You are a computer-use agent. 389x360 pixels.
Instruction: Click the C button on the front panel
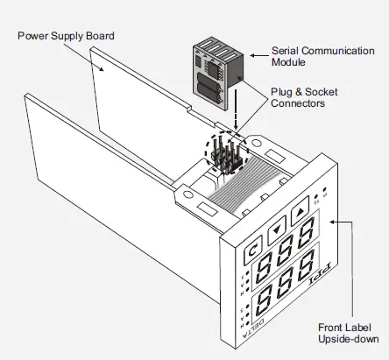(251, 251)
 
